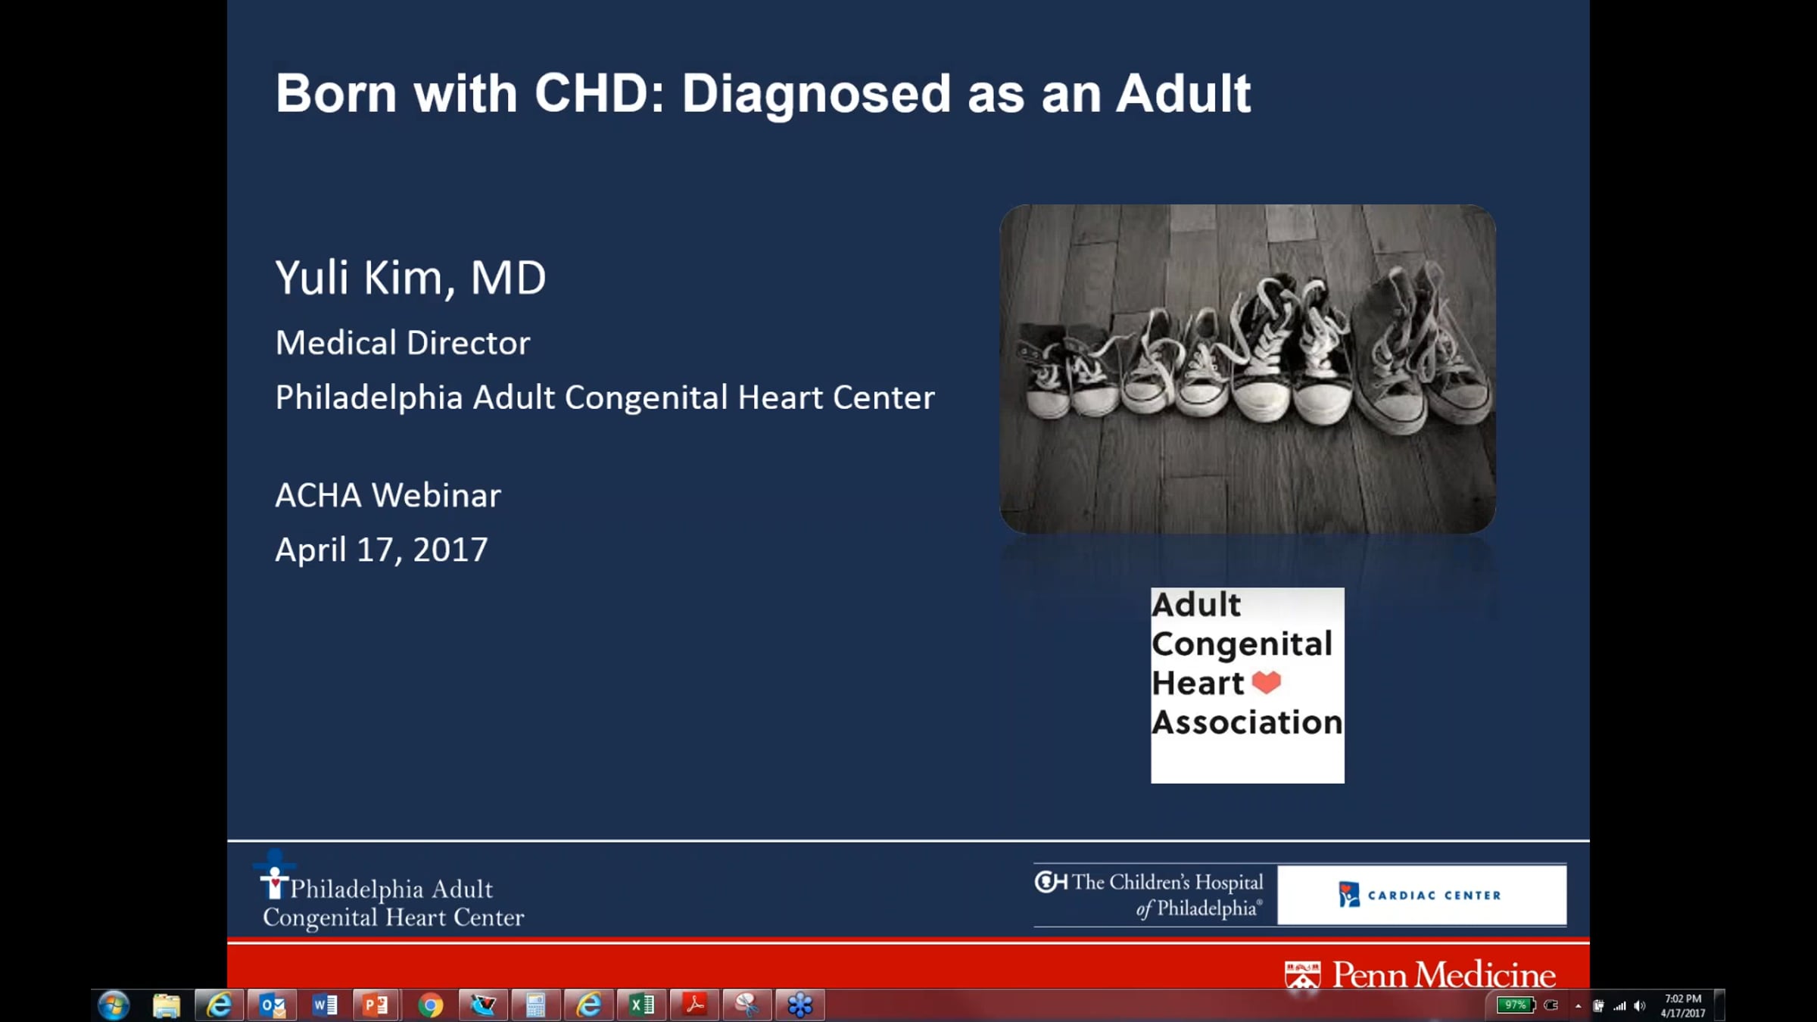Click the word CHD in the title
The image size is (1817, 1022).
599,93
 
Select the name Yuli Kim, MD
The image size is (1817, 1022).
410,278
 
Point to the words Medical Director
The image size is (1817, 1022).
403,343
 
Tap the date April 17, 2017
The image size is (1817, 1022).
382,550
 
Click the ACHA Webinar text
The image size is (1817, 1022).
388,495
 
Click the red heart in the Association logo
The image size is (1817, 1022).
1266,682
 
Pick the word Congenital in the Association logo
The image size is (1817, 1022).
1242,643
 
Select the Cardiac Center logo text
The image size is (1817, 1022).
1434,895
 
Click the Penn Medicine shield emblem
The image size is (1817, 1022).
1302,975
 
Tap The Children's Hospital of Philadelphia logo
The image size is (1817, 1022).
1149,895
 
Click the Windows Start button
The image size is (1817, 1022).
114,1005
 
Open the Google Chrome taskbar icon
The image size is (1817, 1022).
430,1005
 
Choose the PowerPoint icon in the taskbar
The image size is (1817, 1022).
376,1005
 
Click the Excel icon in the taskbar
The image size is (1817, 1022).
641,1005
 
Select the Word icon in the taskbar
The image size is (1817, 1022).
324,1005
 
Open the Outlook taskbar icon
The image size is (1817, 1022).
273,1005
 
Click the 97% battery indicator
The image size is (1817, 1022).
1516,1005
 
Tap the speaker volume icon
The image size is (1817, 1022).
1639,1006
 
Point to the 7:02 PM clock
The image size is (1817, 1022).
1682,999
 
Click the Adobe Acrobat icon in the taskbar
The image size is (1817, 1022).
694,1005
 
